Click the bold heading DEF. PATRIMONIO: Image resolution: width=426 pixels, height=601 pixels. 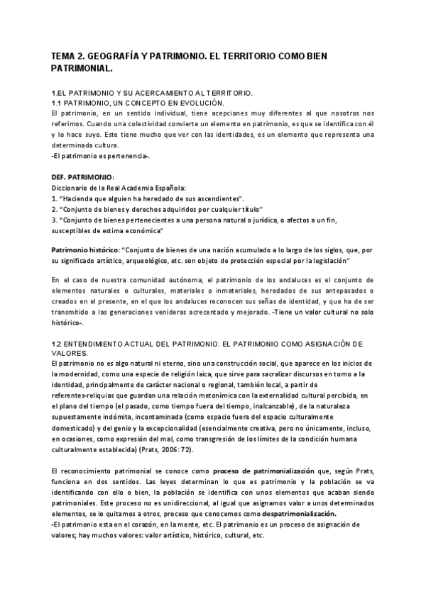(82, 176)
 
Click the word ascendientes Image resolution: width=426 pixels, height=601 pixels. (218, 199)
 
